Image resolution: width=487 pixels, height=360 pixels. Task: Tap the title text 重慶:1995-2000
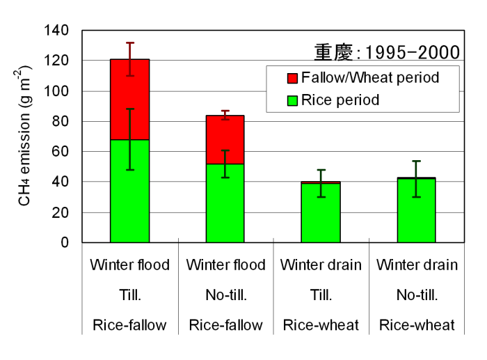[387, 52]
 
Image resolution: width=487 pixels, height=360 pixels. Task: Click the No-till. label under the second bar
[225, 295]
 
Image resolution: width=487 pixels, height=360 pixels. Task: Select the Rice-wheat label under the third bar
[321, 325]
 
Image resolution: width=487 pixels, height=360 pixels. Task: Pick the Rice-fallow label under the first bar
[129, 325]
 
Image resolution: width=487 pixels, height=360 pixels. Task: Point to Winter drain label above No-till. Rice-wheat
[417, 265]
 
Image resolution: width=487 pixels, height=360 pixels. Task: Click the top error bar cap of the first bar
[130, 43]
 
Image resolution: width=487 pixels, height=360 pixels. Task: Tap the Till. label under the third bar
[321, 295]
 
